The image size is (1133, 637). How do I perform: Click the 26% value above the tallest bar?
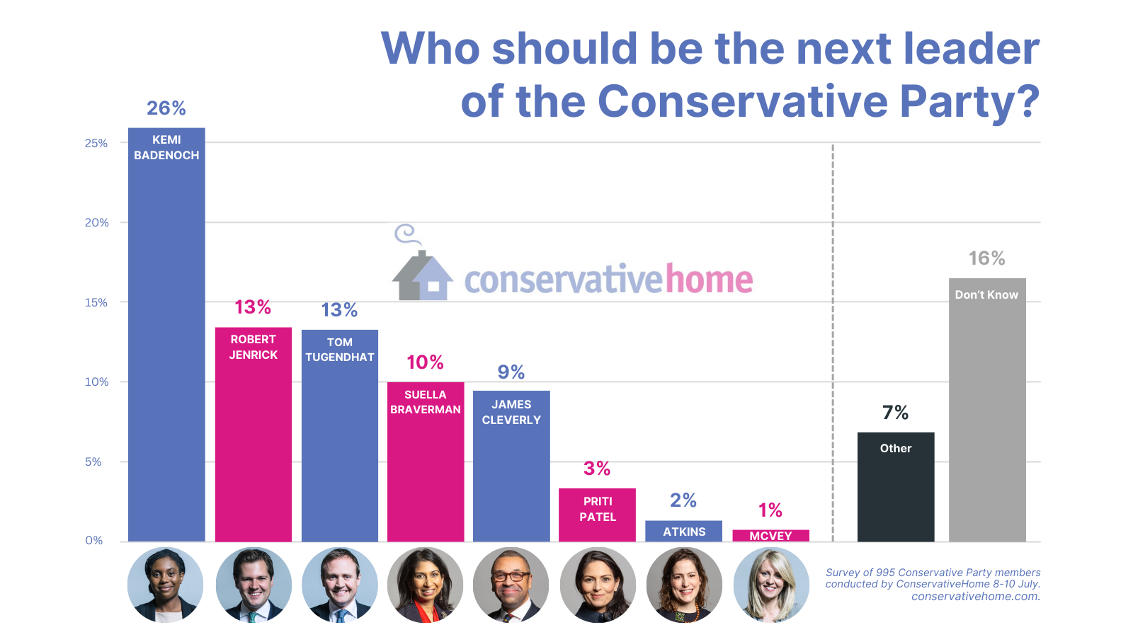[166, 108]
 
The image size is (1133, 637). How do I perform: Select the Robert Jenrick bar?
[254, 439]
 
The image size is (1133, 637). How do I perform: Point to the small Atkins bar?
[683, 531]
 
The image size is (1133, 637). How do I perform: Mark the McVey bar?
[770, 536]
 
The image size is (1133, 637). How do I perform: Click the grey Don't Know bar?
[987, 418]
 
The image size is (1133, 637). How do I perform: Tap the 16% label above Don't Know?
[987, 258]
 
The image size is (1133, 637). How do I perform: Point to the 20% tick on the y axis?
[97, 222]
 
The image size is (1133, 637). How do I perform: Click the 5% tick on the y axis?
[93, 461]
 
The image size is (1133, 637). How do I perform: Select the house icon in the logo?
[422, 275]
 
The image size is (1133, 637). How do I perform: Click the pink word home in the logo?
[708, 280]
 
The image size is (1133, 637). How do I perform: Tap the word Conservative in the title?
[742, 101]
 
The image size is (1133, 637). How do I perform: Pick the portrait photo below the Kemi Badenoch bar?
[166, 585]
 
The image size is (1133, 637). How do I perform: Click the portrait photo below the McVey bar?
[770, 585]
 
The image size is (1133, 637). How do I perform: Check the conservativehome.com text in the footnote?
[975, 596]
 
